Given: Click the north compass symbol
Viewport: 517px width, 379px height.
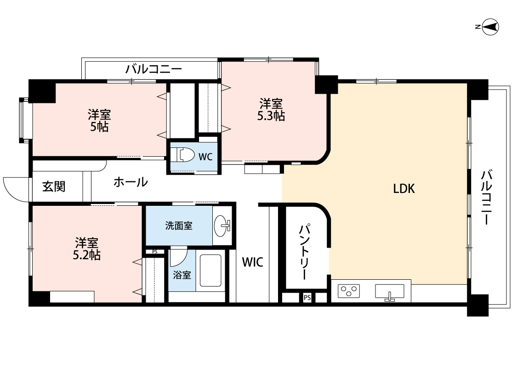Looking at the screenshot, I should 490,27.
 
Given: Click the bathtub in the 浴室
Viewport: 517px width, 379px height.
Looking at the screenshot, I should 210,271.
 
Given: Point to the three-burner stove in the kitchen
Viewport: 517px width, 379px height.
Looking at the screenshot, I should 349,291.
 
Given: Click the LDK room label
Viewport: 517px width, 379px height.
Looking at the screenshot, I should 404,188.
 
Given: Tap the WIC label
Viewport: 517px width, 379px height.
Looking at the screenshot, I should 252,262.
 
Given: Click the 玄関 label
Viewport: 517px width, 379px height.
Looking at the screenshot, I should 54,187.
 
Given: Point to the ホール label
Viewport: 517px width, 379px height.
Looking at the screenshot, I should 131,182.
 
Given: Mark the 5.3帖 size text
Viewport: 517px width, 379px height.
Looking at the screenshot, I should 271,116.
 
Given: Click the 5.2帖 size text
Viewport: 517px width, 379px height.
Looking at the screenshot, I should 87,255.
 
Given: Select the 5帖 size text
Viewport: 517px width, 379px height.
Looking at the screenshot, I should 99,127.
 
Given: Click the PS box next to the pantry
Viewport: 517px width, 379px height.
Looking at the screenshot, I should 307,298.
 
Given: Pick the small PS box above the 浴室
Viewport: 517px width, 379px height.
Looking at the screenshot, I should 154,252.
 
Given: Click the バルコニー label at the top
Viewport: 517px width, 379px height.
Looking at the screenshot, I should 154,70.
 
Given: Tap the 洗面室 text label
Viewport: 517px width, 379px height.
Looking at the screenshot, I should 179,226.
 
